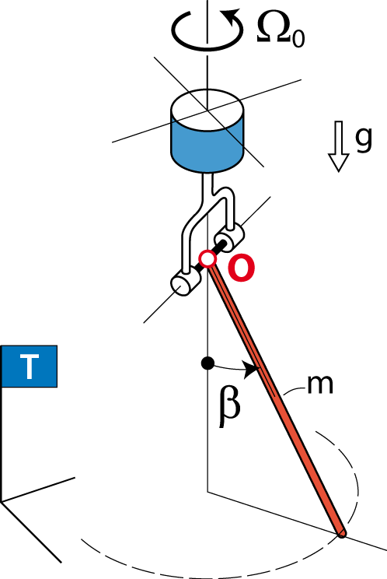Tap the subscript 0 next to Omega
[298, 39]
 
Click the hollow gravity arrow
[339, 146]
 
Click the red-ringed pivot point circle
[207, 259]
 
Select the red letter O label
[241, 268]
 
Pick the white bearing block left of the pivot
[185, 282]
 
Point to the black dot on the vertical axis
[207, 363]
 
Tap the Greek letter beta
[229, 405]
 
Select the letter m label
[320, 384]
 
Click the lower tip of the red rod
[342, 533]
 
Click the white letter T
[29, 367]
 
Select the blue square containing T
[29, 367]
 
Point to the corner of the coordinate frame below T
[2, 501]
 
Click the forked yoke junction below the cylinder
[213, 193]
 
